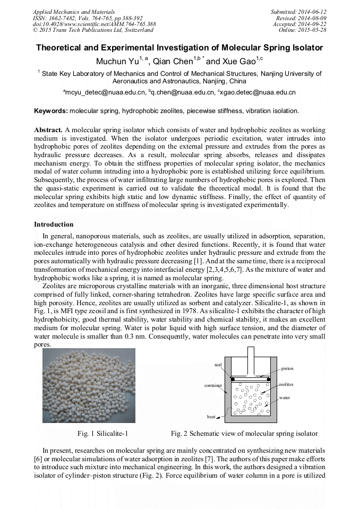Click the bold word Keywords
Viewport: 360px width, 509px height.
coord(50,111)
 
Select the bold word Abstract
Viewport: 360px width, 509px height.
coord(48,130)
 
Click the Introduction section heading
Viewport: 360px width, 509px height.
coord(54,225)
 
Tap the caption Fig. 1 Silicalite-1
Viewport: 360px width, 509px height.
coord(102,434)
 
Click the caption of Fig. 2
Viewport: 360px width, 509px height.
coord(244,434)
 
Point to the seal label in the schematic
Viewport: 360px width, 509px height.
coord(218,365)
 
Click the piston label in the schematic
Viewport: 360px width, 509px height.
coord(287,368)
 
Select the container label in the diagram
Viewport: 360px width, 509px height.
coord(213,385)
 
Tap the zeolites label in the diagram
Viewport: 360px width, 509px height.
coord(286,384)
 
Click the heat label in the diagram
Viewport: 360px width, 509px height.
coord(211,417)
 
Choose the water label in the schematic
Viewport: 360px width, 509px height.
coord(284,397)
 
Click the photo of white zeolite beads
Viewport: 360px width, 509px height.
coord(89,385)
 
